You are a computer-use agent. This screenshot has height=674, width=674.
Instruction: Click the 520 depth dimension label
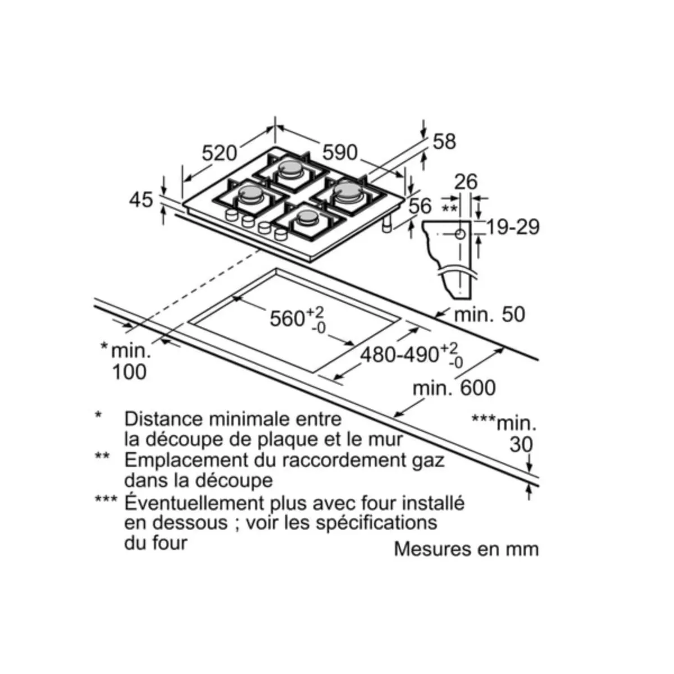[219, 153]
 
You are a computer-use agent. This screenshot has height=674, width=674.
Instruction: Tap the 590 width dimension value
[340, 152]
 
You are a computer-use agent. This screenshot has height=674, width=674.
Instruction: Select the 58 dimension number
[444, 142]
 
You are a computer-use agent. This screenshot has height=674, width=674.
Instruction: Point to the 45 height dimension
[141, 200]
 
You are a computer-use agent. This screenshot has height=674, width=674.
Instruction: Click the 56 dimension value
[420, 206]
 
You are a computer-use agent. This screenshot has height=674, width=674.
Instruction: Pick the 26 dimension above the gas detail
[466, 182]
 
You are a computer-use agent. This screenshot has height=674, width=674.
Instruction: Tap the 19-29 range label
[513, 227]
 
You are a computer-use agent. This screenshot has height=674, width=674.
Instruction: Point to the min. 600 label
[454, 388]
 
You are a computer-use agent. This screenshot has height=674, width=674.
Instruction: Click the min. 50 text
[489, 314]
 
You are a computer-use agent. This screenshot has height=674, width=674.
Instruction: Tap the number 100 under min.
[129, 372]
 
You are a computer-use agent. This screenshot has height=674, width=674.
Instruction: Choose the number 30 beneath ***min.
[521, 444]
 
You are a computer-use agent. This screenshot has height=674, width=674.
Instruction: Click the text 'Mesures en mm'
[466, 549]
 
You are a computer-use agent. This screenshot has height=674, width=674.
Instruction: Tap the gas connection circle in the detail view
[461, 234]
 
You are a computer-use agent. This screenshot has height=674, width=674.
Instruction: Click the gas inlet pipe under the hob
[387, 224]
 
